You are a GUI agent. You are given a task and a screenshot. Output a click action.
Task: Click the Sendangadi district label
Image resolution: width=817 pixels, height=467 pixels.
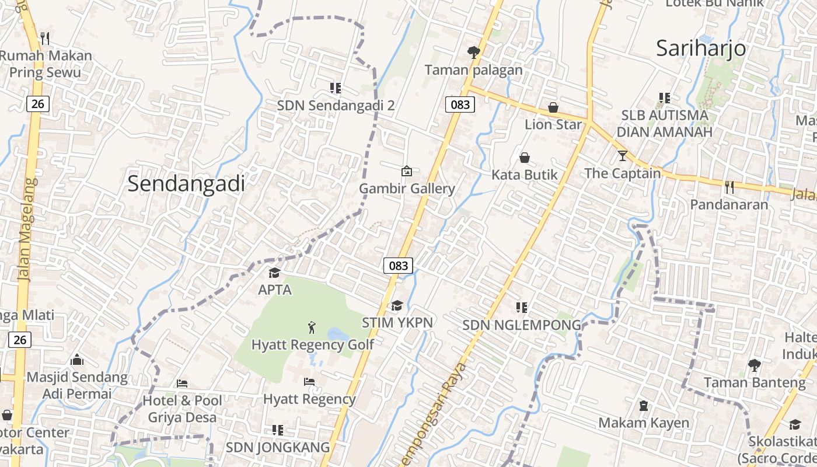186,184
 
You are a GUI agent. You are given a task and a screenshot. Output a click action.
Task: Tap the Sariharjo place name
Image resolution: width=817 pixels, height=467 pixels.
701,48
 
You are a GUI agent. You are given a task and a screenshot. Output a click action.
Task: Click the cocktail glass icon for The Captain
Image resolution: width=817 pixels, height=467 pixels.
622,156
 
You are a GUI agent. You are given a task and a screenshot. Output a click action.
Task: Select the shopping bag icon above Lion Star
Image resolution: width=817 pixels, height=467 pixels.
553,107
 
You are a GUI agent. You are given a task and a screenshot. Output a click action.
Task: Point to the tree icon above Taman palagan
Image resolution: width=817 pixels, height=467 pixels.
473,53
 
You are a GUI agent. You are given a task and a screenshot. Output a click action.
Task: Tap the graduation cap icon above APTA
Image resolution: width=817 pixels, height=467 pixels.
274,273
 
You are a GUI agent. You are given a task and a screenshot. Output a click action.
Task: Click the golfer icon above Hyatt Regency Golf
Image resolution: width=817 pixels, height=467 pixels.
312,327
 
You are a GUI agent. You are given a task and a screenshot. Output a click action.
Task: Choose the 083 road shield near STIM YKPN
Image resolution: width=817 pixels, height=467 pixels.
399,266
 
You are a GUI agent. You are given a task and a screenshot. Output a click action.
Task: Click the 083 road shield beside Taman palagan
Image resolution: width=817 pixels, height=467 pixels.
460,104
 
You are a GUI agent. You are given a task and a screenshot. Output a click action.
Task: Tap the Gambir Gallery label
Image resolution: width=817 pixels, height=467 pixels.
407,189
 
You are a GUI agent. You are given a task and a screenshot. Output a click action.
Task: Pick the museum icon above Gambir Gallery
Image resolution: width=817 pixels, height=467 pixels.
406,171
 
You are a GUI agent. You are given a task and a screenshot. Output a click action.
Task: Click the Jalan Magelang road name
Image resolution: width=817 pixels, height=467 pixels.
27,229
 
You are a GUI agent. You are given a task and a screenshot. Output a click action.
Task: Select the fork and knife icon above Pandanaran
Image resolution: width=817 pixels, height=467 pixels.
729,187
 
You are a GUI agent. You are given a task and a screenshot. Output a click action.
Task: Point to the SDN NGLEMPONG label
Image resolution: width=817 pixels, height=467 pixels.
522,325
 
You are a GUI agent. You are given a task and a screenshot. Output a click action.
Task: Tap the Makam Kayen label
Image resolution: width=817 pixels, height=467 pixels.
644,423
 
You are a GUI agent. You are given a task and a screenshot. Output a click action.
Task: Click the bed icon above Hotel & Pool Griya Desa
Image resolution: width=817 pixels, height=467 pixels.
182,384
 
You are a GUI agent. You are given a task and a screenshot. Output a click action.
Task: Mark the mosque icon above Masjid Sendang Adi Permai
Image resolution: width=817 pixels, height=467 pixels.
76,360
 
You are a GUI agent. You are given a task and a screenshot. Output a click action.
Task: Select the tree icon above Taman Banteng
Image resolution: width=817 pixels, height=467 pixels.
754,365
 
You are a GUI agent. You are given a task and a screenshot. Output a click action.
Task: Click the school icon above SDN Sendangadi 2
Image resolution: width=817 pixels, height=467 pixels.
335,88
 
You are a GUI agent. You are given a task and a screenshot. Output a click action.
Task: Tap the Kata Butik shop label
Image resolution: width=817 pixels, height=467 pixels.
524,175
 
